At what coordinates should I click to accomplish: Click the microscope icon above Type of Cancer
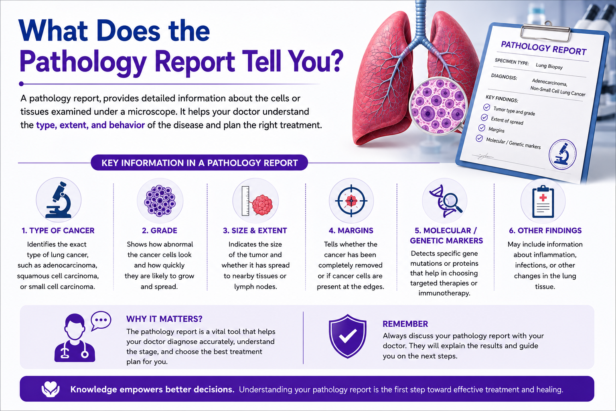click(x=59, y=200)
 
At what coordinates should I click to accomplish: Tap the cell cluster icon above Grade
click(x=160, y=200)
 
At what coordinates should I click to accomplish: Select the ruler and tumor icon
click(x=257, y=201)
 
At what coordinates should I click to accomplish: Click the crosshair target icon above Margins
click(x=351, y=201)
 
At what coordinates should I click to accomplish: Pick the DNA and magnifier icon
click(x=446, y=201)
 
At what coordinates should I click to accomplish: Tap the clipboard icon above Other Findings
click(x=543, y=201)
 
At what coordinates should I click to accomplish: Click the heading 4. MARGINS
click(x=351, y=230)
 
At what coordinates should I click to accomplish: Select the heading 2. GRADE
click(x=160, y=230)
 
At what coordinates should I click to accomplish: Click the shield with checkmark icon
click(x=348, y=336)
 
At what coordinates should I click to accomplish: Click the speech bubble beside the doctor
click(x=101, y=320)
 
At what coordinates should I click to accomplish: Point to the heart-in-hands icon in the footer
click(x=50, y=389)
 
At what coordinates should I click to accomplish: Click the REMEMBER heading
click(x=405, y=324)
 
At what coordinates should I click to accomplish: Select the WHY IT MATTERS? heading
click(x=164, y=319)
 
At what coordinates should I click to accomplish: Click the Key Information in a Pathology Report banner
click(x=199, y=163)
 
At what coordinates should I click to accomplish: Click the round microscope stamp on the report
click(x=562, y=155)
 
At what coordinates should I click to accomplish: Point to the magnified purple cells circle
click(x=438, y=106)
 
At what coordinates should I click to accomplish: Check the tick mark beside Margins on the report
click(x=482, y=128)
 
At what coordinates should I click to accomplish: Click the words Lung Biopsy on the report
click(x=549, y=66)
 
